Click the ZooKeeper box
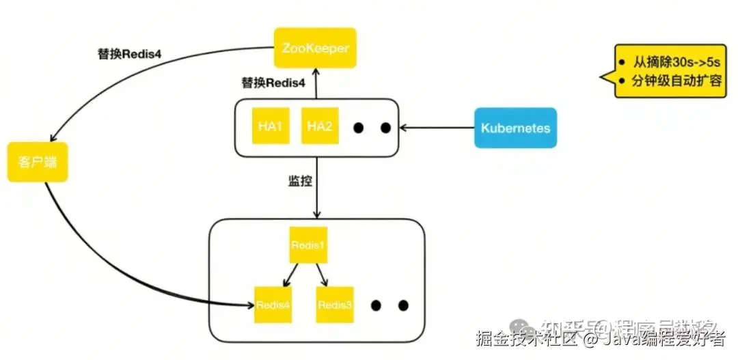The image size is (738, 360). [x=315, y=48]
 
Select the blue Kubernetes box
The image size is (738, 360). [x=515, y=128]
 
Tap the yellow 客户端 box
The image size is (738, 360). [x=38, y=162]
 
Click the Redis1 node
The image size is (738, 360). [x=308, y=245]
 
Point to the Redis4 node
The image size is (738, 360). [x=273, y=305]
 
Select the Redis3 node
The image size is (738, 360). [x=335, y=305]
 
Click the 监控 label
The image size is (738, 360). [x=300, y=182]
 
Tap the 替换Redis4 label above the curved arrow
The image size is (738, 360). [x=129, y=54]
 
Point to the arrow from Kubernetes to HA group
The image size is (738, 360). [x=437, y=127]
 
